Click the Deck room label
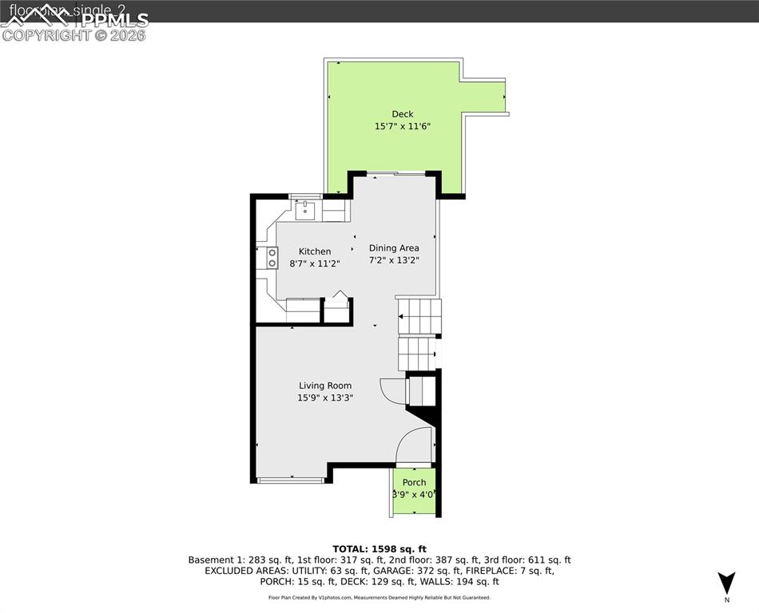402,114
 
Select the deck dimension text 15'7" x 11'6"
403,127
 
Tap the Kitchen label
315,251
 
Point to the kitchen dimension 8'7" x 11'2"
315,263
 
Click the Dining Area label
394,248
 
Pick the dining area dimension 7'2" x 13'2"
394,260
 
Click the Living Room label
325,386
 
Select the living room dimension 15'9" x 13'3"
325,397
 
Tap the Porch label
414,483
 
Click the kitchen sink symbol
305,212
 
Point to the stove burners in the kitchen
272,258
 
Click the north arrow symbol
725,583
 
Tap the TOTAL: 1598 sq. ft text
379,548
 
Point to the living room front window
291,480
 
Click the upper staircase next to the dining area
419,317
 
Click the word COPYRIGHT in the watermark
46,35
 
